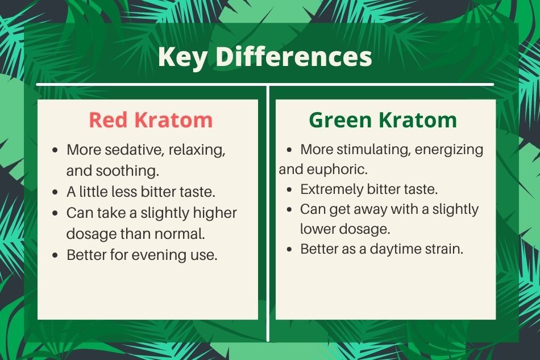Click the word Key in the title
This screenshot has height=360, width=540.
182,57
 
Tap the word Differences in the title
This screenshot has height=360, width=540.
294,56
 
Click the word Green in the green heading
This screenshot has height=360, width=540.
340,120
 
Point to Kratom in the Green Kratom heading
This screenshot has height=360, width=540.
418,120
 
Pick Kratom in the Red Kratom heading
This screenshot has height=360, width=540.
173,120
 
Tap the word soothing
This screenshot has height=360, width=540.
127,171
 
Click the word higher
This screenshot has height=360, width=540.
215,213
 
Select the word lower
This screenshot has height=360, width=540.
316,229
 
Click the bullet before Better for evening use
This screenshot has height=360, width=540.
56,255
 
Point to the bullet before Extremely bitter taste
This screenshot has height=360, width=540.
289,190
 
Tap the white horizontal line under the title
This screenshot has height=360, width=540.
265,84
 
